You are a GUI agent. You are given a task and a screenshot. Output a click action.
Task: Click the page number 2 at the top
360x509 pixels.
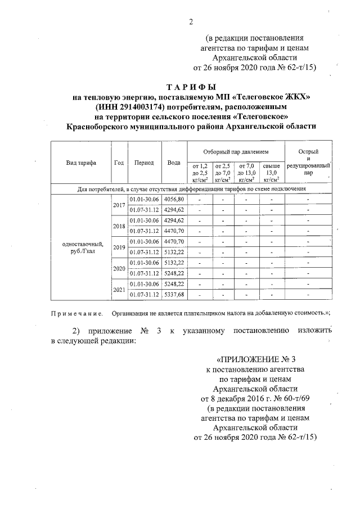tap(191, 22)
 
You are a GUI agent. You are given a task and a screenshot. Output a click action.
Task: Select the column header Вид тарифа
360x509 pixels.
tap(81, 163)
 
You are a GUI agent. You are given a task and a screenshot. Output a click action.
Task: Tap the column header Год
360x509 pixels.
tap(119, 163)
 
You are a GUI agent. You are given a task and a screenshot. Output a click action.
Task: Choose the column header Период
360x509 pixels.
tap(144, 163)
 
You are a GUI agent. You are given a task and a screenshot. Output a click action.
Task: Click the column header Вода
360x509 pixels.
tap(174, 163)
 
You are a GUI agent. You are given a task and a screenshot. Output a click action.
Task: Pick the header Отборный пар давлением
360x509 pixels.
tap(236, 152)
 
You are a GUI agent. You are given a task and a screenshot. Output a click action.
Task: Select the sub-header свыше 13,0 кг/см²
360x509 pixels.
tap(271, 173)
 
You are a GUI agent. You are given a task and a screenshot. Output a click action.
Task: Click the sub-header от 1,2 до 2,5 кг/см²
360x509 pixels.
tap(200, 173)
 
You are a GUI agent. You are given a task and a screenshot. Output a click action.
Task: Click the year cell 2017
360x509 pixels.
tap(119, 205)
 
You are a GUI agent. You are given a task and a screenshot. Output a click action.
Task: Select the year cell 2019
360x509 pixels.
tap(119, 247)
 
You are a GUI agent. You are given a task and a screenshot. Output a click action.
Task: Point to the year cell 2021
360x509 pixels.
tap(119, 289)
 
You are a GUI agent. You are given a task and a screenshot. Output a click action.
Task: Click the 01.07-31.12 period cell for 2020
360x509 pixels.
tap(145, 273)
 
